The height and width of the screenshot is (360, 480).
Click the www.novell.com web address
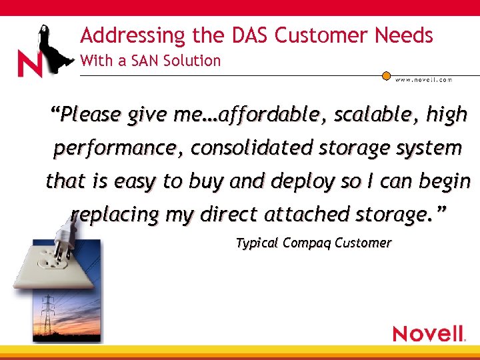coord(424,79)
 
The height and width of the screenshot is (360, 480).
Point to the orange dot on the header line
coord(386,76)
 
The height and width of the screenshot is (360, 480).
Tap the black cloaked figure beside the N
coord(50,47)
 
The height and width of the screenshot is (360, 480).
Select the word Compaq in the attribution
coord(307,243)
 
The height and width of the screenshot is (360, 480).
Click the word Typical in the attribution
coord(257,243)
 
